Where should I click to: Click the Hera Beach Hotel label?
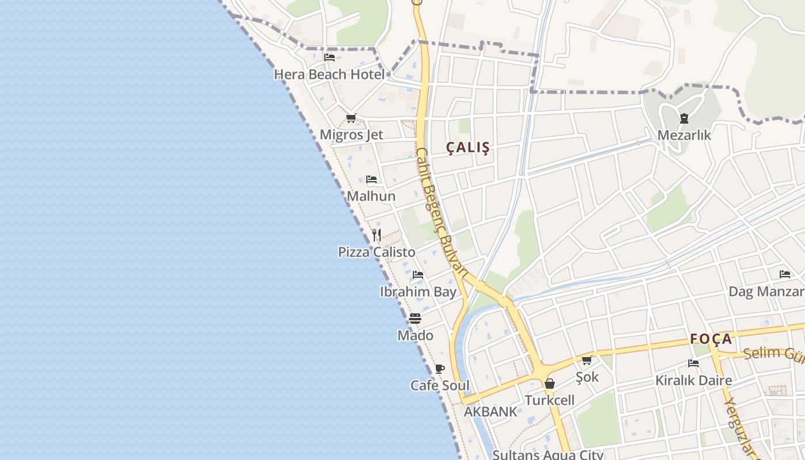point(329,74)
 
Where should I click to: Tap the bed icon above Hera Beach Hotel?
point(329,57)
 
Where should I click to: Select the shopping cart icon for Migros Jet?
point(351,118)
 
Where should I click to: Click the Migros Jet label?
point(351,135)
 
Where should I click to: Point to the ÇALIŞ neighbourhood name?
point(468,148)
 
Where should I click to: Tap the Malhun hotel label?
point(371,196)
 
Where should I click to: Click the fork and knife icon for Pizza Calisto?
point(377,235)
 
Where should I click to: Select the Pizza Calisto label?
point(377,252)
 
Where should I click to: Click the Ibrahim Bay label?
point(418,292)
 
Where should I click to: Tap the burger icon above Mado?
point(415,318)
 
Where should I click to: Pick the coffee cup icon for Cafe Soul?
point(440,369)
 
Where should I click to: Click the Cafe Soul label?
point(440,385)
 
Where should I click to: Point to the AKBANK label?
point(490,412)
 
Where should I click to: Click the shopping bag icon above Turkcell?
point(550,384)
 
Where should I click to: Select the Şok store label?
point(587,377)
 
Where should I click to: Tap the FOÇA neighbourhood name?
point(711,339)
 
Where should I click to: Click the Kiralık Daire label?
point(693,380)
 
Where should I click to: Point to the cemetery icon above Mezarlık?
point(684,118)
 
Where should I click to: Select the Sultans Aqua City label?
point(547,455)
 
